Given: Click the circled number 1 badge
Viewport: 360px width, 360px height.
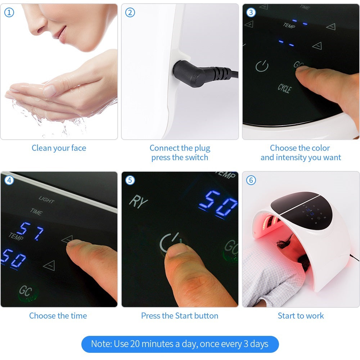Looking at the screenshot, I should pos(9,13).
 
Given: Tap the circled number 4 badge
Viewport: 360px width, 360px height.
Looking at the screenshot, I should pos(9,180).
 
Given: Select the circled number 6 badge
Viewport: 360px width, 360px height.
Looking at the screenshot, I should pos(251,180).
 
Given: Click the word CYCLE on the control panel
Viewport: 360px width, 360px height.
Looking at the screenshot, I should pos(284,88).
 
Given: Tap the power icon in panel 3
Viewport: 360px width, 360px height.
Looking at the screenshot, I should pos(262,66).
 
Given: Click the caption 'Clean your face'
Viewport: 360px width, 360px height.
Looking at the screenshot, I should pos(59,148).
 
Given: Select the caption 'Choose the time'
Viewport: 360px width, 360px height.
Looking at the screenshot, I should pos(58,316).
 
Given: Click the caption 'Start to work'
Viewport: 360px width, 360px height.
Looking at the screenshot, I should pos(301,316).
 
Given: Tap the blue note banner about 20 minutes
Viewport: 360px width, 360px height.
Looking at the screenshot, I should pos(180,344).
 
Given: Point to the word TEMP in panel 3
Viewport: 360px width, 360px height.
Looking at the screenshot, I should pos(289,25).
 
